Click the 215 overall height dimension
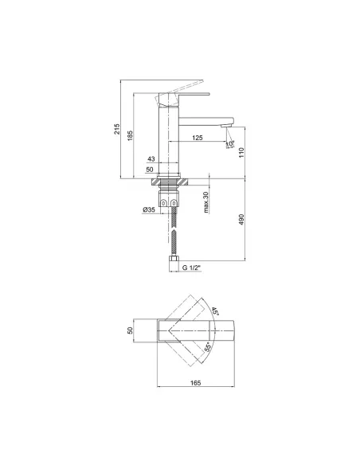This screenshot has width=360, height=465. tap(117, 129)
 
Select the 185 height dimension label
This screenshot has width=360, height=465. tap(130, 135)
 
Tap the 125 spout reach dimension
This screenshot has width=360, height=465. tap(198, 138)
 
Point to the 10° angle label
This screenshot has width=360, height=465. tap(230, 144)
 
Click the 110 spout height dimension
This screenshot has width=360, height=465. tap(241, 152)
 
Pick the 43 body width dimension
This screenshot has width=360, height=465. tap(151, 159)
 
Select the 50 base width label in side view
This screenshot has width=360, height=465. tap(150, 170)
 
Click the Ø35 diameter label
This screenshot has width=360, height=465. tap(149, 209)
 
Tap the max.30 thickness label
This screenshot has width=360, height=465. tap(206, 202)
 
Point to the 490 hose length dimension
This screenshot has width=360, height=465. tap(241, 220)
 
